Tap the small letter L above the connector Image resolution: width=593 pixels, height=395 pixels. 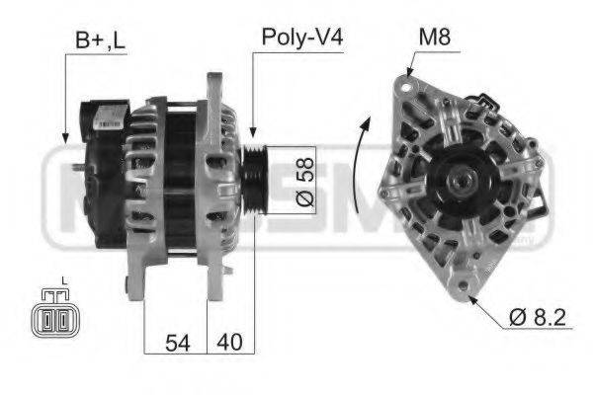63,282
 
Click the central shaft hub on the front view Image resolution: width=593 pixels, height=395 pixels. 460,182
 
